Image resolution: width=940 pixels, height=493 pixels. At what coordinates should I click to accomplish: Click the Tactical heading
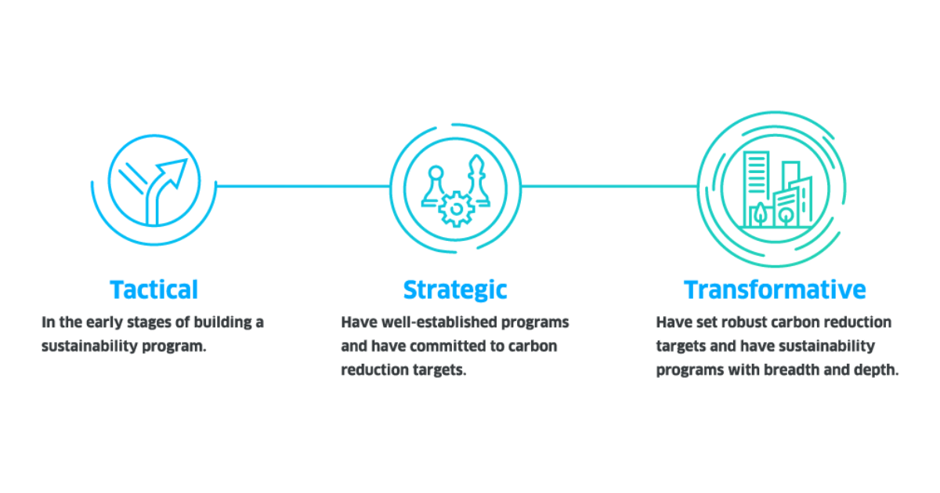[x=154, y=290]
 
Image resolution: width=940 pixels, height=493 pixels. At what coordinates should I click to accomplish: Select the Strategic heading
[x=454, y=290]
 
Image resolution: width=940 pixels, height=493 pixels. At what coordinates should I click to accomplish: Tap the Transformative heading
[x=775, y=290]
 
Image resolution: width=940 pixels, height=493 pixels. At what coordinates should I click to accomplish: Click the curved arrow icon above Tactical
[x=168, y=188]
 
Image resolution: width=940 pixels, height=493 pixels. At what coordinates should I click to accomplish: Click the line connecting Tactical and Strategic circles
[x=302, y=186]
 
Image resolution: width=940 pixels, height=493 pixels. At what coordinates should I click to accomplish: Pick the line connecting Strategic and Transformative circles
[x=609, y=186]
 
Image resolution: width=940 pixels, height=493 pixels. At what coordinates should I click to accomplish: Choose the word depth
[x=878, y=369]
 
